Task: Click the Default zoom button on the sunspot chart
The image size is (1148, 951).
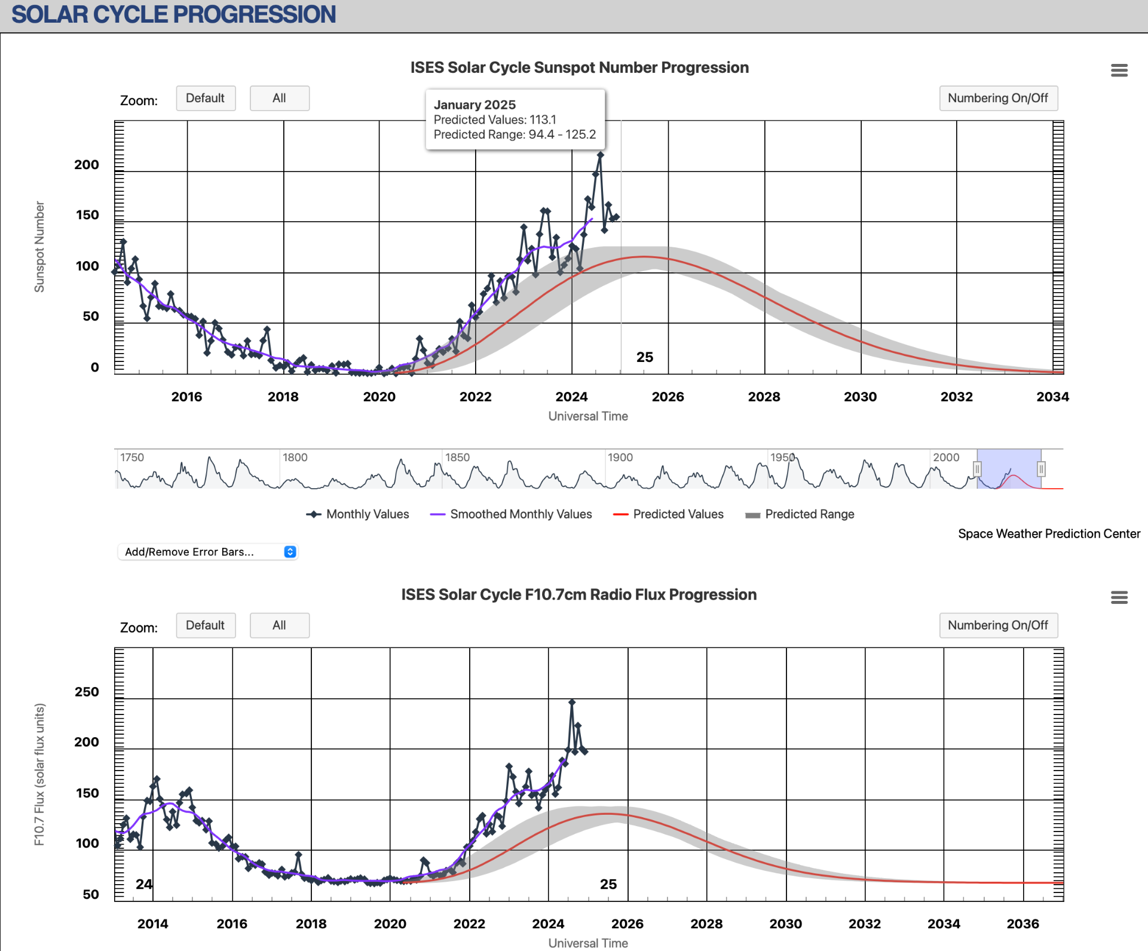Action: pos(206,99)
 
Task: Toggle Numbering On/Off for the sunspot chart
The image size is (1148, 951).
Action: pos(998,99)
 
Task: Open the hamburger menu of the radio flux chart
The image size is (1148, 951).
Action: pos(1119,597)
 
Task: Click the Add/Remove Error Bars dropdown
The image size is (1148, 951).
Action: pos(207,552)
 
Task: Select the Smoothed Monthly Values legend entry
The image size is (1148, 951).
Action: pos(512,514)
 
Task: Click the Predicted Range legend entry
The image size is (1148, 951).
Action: pos(800,514)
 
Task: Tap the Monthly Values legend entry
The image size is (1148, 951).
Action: pos(358,514)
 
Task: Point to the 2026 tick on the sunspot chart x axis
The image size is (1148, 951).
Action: pos(668,397)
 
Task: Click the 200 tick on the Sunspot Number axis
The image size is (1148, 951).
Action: pos(87,165)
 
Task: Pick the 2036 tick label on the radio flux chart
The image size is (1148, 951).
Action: pos(1023,924)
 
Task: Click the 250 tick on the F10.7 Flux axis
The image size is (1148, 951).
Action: pos(87,692)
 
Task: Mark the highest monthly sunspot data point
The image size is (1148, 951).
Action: pos(600,155)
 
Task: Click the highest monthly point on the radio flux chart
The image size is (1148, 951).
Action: pos(572,702)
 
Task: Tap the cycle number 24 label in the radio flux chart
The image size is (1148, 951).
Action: pos(143,884)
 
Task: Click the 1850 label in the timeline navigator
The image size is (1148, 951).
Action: pos(457,458)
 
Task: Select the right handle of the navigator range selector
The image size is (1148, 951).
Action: pos(1041,469)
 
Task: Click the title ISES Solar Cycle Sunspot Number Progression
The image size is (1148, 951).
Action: pos(579,68)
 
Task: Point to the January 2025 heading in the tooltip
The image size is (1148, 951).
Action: pos(474,105)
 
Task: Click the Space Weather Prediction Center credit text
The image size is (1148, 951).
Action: pos(1049,534)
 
